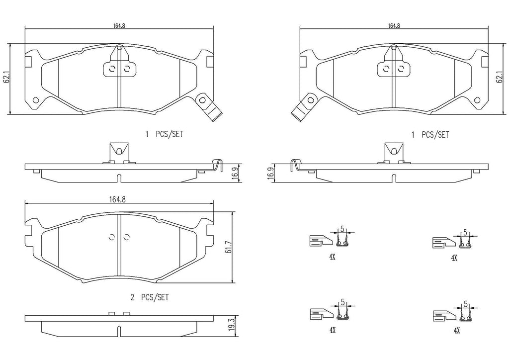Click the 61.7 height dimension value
[230, 247]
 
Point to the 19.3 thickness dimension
[231, 324]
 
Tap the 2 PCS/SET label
[150, 297]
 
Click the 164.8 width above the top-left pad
[119, 26]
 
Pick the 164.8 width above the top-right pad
[394, 26]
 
